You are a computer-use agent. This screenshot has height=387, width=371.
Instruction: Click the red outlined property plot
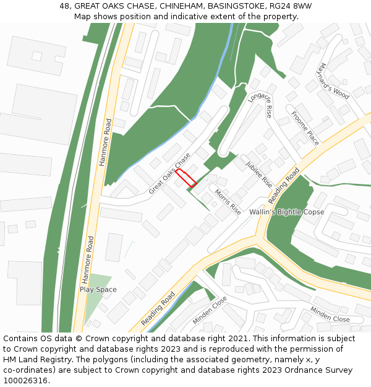pos(185,178)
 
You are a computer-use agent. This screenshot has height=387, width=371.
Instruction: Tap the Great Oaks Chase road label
pos(169,173)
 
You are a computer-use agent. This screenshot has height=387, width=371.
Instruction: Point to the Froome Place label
pos(305,128)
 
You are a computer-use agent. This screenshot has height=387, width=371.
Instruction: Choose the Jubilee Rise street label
pos(258,174)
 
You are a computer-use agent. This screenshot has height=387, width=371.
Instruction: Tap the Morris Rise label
pos(228,201)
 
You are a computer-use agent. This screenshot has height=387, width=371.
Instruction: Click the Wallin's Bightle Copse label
pos(286,212)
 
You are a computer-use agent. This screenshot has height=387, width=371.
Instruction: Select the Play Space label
pos(98,289)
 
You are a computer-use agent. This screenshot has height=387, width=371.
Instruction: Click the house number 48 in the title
pos(65,6)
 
